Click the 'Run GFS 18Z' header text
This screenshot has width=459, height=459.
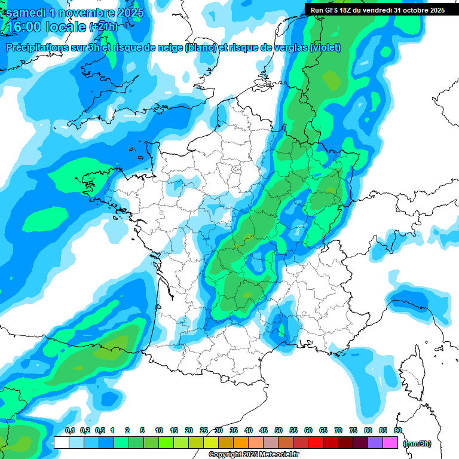[335, 10]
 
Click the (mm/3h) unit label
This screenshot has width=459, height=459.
[417, 443]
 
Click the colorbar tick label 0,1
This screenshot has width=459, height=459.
[69, 430]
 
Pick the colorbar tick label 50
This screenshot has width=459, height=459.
[279, 430]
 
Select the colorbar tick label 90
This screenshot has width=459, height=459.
[398, 430]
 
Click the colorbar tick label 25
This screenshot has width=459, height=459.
[204, 430]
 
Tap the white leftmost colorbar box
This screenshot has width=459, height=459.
[62, 443]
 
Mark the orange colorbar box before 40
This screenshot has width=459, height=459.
[241, 443]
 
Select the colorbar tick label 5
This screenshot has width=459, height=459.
[143, 430]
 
